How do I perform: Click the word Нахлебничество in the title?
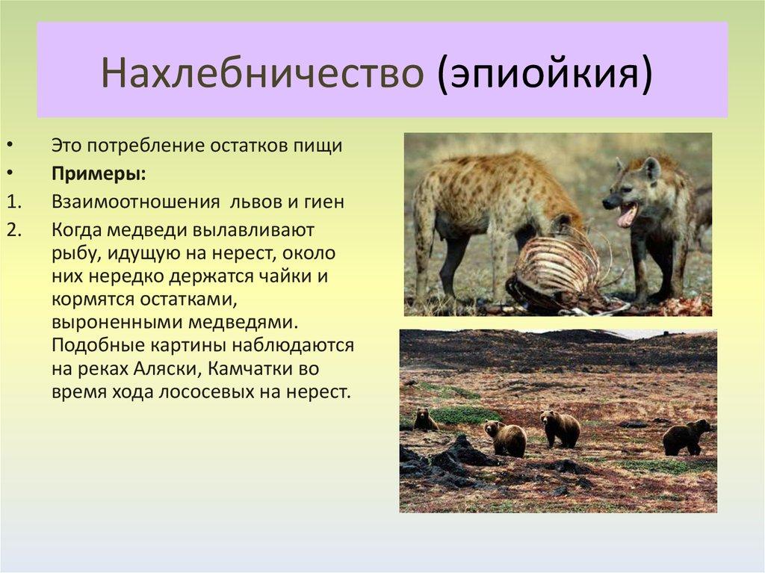click(262, 73)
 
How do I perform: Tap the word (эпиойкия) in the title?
click(544, 74)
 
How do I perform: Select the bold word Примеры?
click(99, 175)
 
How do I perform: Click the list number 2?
click(14, 229)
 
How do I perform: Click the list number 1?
click(14, 202)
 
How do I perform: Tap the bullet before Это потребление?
click(11, 146)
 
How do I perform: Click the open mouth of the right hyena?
click(627, 214)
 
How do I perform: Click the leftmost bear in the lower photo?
click(425, 420)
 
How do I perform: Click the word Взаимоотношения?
click(136, 202)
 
